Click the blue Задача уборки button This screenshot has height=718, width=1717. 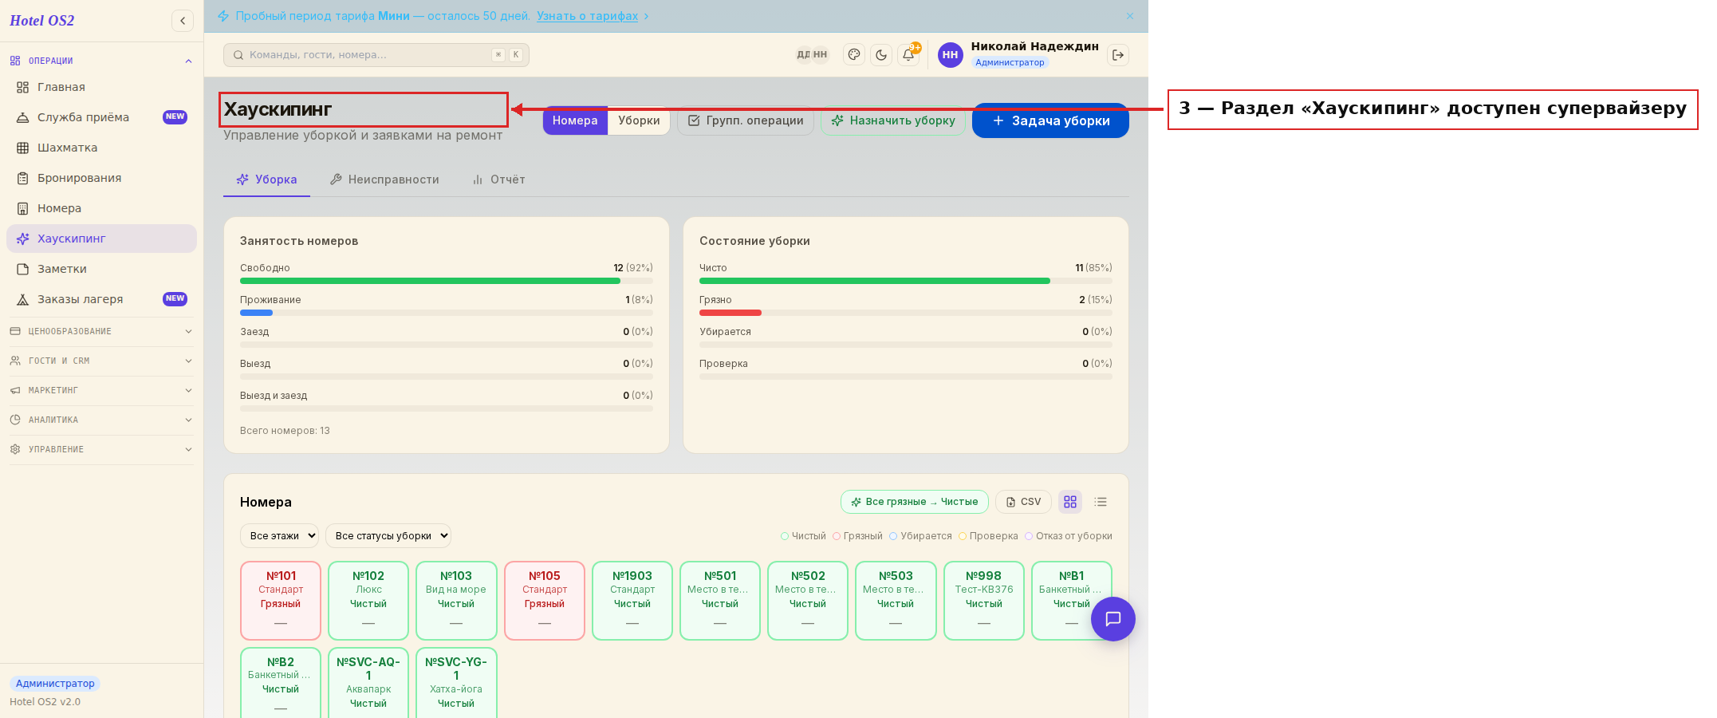click(x=1050, y=120)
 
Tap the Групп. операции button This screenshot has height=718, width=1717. click(x=746, y=120)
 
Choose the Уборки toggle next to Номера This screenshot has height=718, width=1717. click(x=639, y=120)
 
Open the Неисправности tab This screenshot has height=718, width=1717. click(x=384, y=179)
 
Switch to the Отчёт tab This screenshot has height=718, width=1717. click(x=499, y=179)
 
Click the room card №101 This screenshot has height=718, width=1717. click(x=281, y=601)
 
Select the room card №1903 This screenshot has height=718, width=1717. click(x=632, y=601)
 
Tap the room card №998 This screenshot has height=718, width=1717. click(x=984, y=601)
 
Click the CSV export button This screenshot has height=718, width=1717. click(x=1023, y=502)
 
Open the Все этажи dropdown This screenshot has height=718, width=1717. click(x=279, y=536)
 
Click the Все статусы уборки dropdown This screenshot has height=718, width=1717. click(x=388, y=536)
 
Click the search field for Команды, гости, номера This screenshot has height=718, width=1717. click(x=376, y=55)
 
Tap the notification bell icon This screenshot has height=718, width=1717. click(x=908, y=55)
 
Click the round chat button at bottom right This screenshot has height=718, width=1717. click(x=1113, y=619)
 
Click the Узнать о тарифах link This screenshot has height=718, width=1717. click(x=587, y=16)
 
